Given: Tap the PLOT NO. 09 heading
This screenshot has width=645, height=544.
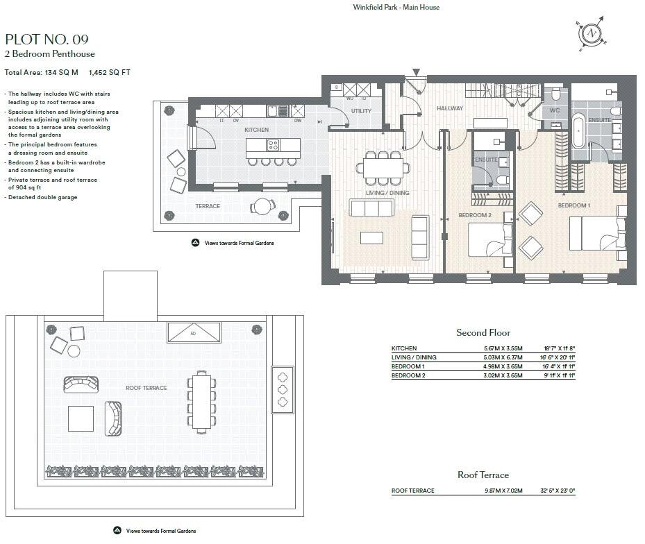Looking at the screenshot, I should [47, 39].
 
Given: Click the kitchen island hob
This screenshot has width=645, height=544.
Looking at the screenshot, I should [274, 146].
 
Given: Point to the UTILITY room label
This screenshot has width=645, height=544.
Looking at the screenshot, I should [361, 111].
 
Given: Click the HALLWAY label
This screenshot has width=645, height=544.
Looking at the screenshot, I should [449, 108].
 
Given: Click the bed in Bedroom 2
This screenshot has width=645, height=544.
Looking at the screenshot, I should [490, 241].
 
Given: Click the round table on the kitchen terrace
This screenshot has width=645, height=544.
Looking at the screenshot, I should [262, 206].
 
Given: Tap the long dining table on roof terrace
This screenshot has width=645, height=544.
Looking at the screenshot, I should [201, 401].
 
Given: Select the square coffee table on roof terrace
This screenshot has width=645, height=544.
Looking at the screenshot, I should [81, 418].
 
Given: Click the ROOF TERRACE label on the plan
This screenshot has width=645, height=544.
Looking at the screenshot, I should [146, 388].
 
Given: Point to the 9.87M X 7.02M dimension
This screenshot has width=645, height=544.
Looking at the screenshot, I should [503, 491].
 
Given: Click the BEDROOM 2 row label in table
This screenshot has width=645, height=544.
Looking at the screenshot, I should [408, 375].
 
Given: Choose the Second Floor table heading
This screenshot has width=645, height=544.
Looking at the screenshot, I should [483, 333].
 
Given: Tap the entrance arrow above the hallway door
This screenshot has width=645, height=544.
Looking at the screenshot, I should [416, 72].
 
